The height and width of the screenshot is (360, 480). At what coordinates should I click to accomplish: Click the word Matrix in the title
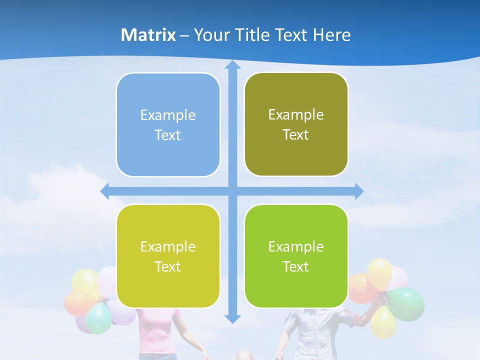click(x=148, y=35)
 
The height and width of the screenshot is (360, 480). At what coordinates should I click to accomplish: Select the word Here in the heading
click(x=332, y=35)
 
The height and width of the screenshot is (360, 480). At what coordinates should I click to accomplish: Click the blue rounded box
click(x=168, y=124)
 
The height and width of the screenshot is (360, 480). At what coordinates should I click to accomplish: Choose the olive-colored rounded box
click(x=296, y=124)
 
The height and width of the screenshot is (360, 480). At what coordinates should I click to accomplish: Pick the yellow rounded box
click(x=168, y=256)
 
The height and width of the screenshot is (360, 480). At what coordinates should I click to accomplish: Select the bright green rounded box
click(x=296, y=256)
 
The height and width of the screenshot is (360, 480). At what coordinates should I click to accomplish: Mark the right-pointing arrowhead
click(x=359, y=191)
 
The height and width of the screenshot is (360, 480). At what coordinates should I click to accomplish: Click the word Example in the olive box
click(x=296, y=114)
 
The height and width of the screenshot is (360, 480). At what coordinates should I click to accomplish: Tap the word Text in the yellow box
click(x=167, y=266)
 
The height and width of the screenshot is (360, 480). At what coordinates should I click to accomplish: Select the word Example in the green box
click(x=296, y=246)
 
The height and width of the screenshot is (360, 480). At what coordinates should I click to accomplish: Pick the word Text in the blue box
click(x=167, y=135)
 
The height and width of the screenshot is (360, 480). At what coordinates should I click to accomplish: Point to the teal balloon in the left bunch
click(x=98, y=318)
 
